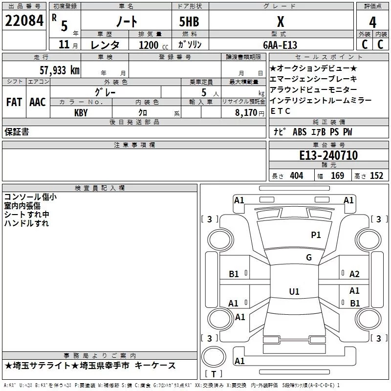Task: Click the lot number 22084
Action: (24, 21)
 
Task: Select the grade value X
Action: (280, 21)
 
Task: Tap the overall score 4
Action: (372, 22)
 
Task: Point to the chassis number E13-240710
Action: (328, 156)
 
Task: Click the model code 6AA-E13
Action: (280, 45)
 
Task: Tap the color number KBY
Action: (81, 112)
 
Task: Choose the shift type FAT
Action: (14, 102)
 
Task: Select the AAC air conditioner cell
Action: (37, 102)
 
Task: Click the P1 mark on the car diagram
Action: (316, 235)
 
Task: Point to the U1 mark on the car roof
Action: (294, 291)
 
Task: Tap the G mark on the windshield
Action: (309, 258)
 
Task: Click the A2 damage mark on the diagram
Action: (354, 274)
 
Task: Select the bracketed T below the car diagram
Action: (213, 374)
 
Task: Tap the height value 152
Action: (376, 176)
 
